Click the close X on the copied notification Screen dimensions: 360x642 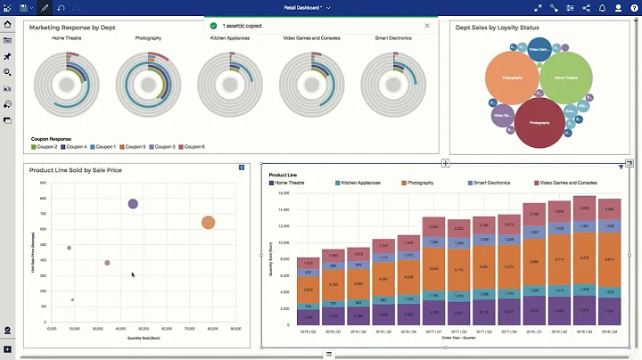pos(426,26)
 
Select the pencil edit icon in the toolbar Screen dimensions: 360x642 pos(45,7)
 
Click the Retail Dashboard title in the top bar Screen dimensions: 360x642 pos(303,7)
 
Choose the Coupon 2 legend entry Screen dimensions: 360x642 pos(46,146)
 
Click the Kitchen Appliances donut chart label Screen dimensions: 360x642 pos(229,38)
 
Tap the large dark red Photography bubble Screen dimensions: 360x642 pos(539,122)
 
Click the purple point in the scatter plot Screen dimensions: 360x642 pos(133,204)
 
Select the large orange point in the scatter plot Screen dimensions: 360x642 pos(208,223)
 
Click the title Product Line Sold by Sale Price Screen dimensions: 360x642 pos(75,169)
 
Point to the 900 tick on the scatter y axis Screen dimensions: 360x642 pos(44,184)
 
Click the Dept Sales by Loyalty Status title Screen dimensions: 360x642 pos(497,28)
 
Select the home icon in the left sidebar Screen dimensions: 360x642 pos(8,24)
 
